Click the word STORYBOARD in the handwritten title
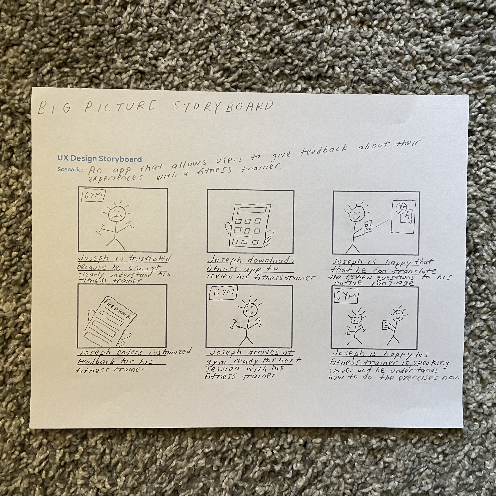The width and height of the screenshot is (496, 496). pyautogui.click(x=223, y=106)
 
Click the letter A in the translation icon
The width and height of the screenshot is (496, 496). pyautogui.click(x=407, y=215)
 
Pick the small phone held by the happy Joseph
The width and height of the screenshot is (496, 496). pyautogui.click(x=368, y=227)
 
